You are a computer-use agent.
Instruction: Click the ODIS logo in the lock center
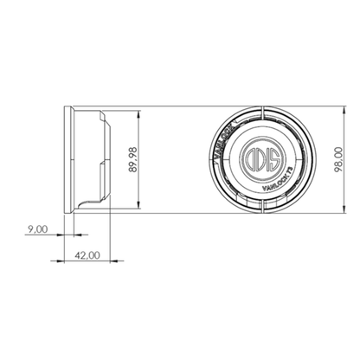click(x=260, y=161)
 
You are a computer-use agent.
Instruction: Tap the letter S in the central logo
click(x=272, y=161)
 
